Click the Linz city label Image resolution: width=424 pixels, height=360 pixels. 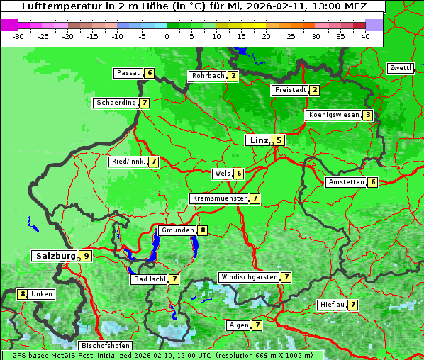[x=258, y=140]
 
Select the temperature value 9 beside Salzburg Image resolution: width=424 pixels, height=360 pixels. [x=86, y=256]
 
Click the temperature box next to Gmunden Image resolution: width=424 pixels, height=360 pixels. [x=203, y=230]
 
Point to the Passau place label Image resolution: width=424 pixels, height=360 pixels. [x=128, y=73]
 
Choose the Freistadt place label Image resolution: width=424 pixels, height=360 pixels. [x=290, y=90]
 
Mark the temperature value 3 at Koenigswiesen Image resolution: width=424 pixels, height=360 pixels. [x=367, y=115]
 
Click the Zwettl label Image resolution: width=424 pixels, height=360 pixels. [x=400, y=68]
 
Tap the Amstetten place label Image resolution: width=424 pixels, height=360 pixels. [x=345, y=182]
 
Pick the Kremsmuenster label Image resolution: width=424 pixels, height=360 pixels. [x=218, y=198]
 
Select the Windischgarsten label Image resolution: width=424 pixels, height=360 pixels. [x=248, y=277]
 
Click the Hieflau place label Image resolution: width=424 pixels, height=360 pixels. [x=332, y=305]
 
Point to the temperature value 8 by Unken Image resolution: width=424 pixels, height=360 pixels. [x=23, y=293]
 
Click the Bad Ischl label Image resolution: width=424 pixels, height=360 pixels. [x=149, y=279]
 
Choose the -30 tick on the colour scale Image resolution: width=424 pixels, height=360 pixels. [x=18, y=36]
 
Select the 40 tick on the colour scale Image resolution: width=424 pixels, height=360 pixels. [x=365, y=36]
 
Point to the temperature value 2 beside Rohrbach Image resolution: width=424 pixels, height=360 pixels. [x=233, y=76]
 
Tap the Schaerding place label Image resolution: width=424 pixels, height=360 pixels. [x=116, y=103]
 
